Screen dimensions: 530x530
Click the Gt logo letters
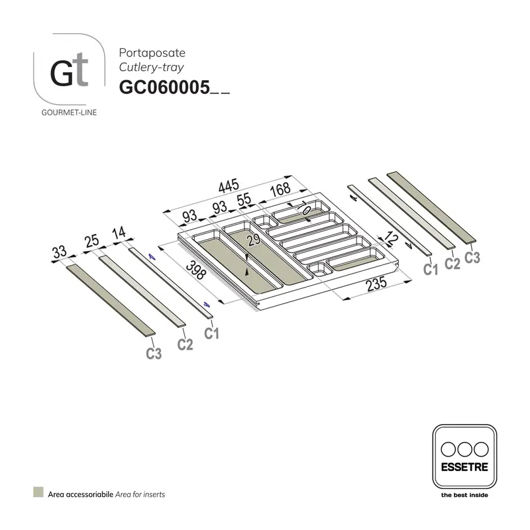pos(69,73)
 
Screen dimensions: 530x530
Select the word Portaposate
pos(142,52)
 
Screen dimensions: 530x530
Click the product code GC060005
pos(164,87)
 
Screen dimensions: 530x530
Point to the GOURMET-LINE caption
pos(69,113)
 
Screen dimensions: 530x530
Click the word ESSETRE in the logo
pos(464,466)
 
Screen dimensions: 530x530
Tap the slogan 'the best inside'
pos(464,494)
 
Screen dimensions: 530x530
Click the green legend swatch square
pos(38,493)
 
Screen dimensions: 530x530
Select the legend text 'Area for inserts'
pos(140,494)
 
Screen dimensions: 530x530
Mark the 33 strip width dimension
pos(59,252)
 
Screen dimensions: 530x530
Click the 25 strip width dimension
pos(91,241)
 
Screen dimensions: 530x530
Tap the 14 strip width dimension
pos(120,233)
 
